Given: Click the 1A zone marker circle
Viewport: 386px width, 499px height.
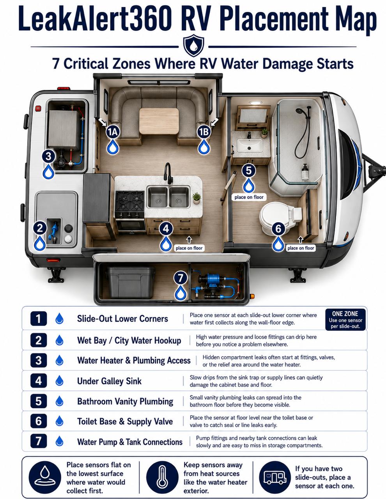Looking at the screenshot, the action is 113,132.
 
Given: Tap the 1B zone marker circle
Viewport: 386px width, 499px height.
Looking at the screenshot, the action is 204,132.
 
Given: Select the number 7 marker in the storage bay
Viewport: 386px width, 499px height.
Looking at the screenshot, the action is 181,278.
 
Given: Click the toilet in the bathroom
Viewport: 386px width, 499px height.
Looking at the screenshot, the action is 281,218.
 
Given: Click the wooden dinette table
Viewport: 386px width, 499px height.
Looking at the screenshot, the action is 159,121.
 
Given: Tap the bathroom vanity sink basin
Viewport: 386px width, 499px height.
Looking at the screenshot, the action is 250,145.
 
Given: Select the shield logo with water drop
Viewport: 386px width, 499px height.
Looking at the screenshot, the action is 193,46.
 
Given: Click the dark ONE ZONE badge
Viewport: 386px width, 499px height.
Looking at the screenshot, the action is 345,319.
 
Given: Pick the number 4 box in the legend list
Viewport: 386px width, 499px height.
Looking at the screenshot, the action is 39,381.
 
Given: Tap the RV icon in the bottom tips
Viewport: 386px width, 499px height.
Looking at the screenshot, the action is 275,478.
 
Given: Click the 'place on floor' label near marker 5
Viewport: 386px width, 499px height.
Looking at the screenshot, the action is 249,197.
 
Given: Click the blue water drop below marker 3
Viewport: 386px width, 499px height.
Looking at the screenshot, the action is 48,171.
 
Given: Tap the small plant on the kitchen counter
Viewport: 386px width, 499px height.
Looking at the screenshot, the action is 197,198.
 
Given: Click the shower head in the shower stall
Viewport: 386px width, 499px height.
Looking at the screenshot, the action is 299,111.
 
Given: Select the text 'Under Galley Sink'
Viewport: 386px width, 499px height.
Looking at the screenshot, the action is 109,381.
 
